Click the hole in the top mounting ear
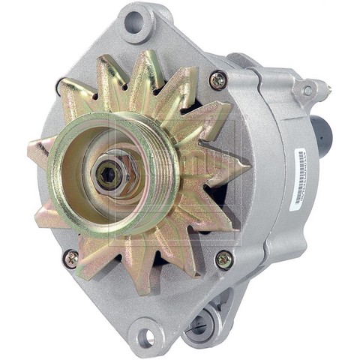136,19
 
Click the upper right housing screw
217,79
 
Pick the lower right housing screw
223,259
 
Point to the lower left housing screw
70,259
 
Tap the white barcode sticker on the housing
300,178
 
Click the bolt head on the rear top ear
307,91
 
